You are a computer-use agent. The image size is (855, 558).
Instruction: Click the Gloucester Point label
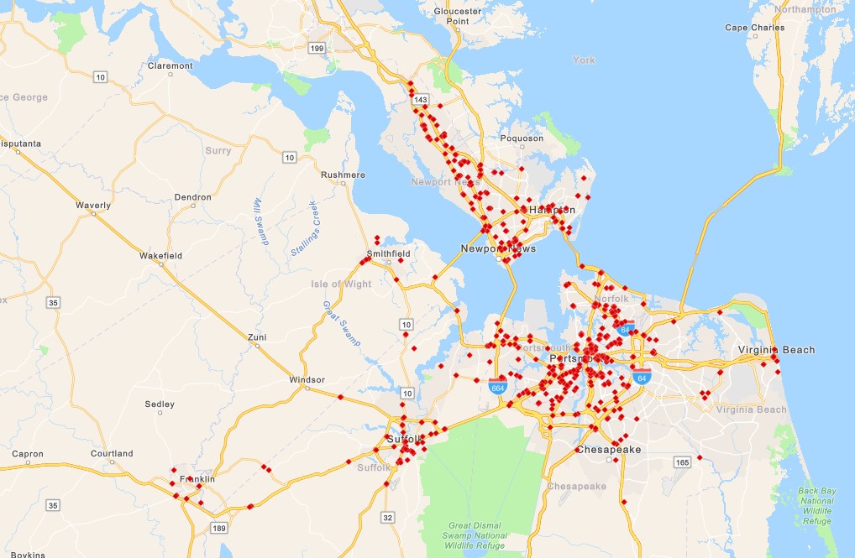(x=457, y=16)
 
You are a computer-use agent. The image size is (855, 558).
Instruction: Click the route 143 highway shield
(x=421, y=100)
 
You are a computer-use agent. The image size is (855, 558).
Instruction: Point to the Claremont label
(x=170, y=65)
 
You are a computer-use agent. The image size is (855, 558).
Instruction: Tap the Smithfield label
(x=388, y=253)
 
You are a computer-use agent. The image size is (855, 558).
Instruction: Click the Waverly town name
(x=92, y=206)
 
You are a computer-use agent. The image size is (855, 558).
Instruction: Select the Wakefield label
(x=160, y=255)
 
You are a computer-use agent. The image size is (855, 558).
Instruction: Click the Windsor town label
(x=307, y=380)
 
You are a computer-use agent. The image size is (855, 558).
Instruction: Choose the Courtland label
(x=112, y=454)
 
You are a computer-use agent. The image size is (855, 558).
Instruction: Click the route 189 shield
(x=220, y=528)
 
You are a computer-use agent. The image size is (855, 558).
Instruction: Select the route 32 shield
(x=388, y=518)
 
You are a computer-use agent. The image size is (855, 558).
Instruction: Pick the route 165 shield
(x=681, y=462)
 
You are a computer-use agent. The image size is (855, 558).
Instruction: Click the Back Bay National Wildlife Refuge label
(x=816, y=505)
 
